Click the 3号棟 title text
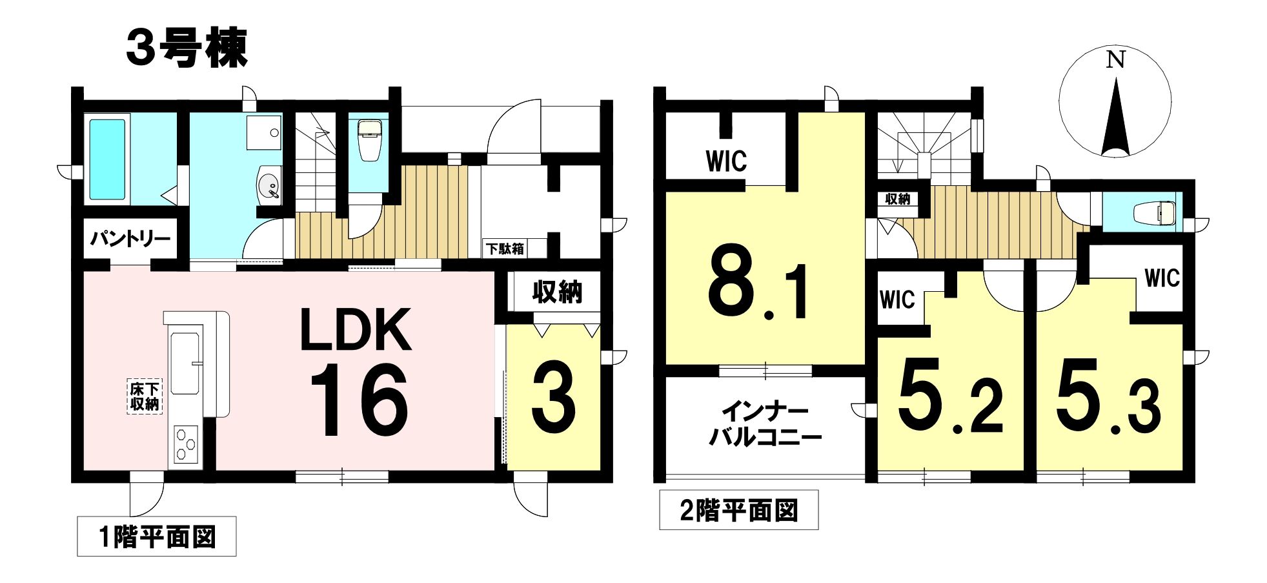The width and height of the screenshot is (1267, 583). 187,49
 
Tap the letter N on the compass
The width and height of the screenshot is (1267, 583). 1115,59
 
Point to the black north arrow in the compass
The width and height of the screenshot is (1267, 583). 1115,117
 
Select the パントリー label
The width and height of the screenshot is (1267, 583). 130,239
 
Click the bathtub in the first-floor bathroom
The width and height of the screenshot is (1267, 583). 107,159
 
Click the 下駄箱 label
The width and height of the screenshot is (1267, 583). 505,249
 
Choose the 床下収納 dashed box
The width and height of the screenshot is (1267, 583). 145,396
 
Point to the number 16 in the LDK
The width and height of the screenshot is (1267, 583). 359,400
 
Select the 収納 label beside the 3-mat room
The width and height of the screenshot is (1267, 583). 557,292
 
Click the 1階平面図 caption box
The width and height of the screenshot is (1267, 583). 157,537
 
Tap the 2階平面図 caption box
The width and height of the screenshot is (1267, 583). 739,510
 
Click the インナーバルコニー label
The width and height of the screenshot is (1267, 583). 765,424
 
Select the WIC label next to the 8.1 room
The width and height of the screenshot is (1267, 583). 727,161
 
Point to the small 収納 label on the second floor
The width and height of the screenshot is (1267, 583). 897,199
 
